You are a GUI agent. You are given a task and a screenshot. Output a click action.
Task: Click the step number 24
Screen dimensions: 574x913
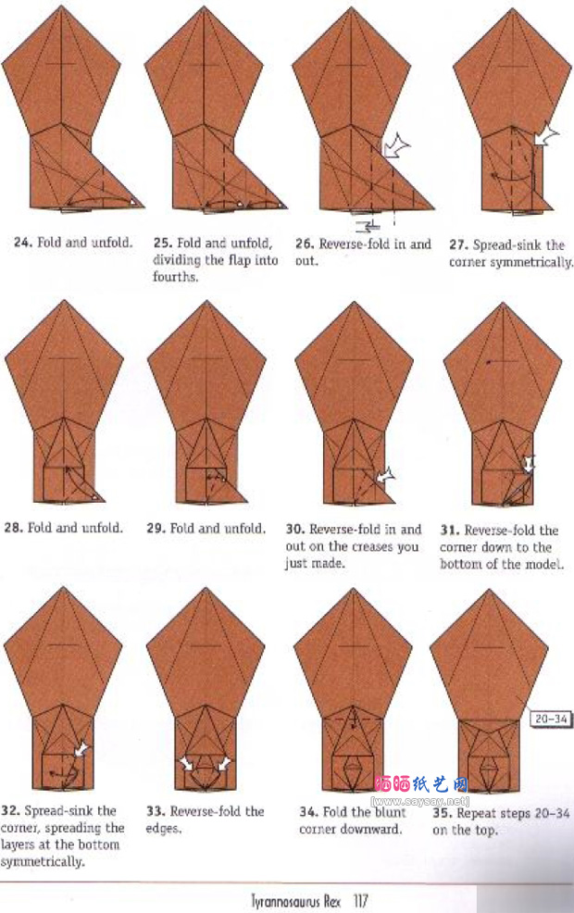point(23,243)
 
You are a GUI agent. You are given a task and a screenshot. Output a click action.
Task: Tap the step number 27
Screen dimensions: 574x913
point(457,245)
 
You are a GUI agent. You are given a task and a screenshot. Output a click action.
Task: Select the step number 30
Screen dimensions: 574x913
point(294,530)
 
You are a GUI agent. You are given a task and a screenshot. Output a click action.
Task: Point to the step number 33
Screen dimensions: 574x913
point(156,811)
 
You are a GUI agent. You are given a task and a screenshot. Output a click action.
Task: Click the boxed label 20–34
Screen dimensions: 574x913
point(551,719)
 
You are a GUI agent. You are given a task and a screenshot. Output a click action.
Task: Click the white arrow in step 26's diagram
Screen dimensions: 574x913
point(396,144)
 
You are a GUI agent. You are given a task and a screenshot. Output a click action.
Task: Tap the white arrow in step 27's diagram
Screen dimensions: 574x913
point(545,136)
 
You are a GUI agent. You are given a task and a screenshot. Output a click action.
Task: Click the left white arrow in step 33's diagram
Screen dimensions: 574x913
point(186,763)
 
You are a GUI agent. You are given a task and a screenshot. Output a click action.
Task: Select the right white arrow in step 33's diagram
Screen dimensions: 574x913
point(223,763)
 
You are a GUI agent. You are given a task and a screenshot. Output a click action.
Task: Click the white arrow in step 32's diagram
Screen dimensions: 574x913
point(81,749)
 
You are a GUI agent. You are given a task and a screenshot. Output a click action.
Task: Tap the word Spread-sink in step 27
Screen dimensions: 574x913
point(507,245)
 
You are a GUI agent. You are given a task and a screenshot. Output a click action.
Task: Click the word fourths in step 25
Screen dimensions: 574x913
point(175,277)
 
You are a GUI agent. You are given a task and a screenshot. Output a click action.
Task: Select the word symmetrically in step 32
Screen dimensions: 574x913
point(43,862)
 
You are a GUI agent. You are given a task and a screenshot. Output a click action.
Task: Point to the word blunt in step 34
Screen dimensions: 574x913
point(390,812)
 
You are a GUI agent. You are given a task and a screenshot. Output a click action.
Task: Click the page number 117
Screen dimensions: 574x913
point(360,900)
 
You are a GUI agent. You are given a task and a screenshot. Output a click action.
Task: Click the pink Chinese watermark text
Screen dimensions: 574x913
point(421,784)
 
